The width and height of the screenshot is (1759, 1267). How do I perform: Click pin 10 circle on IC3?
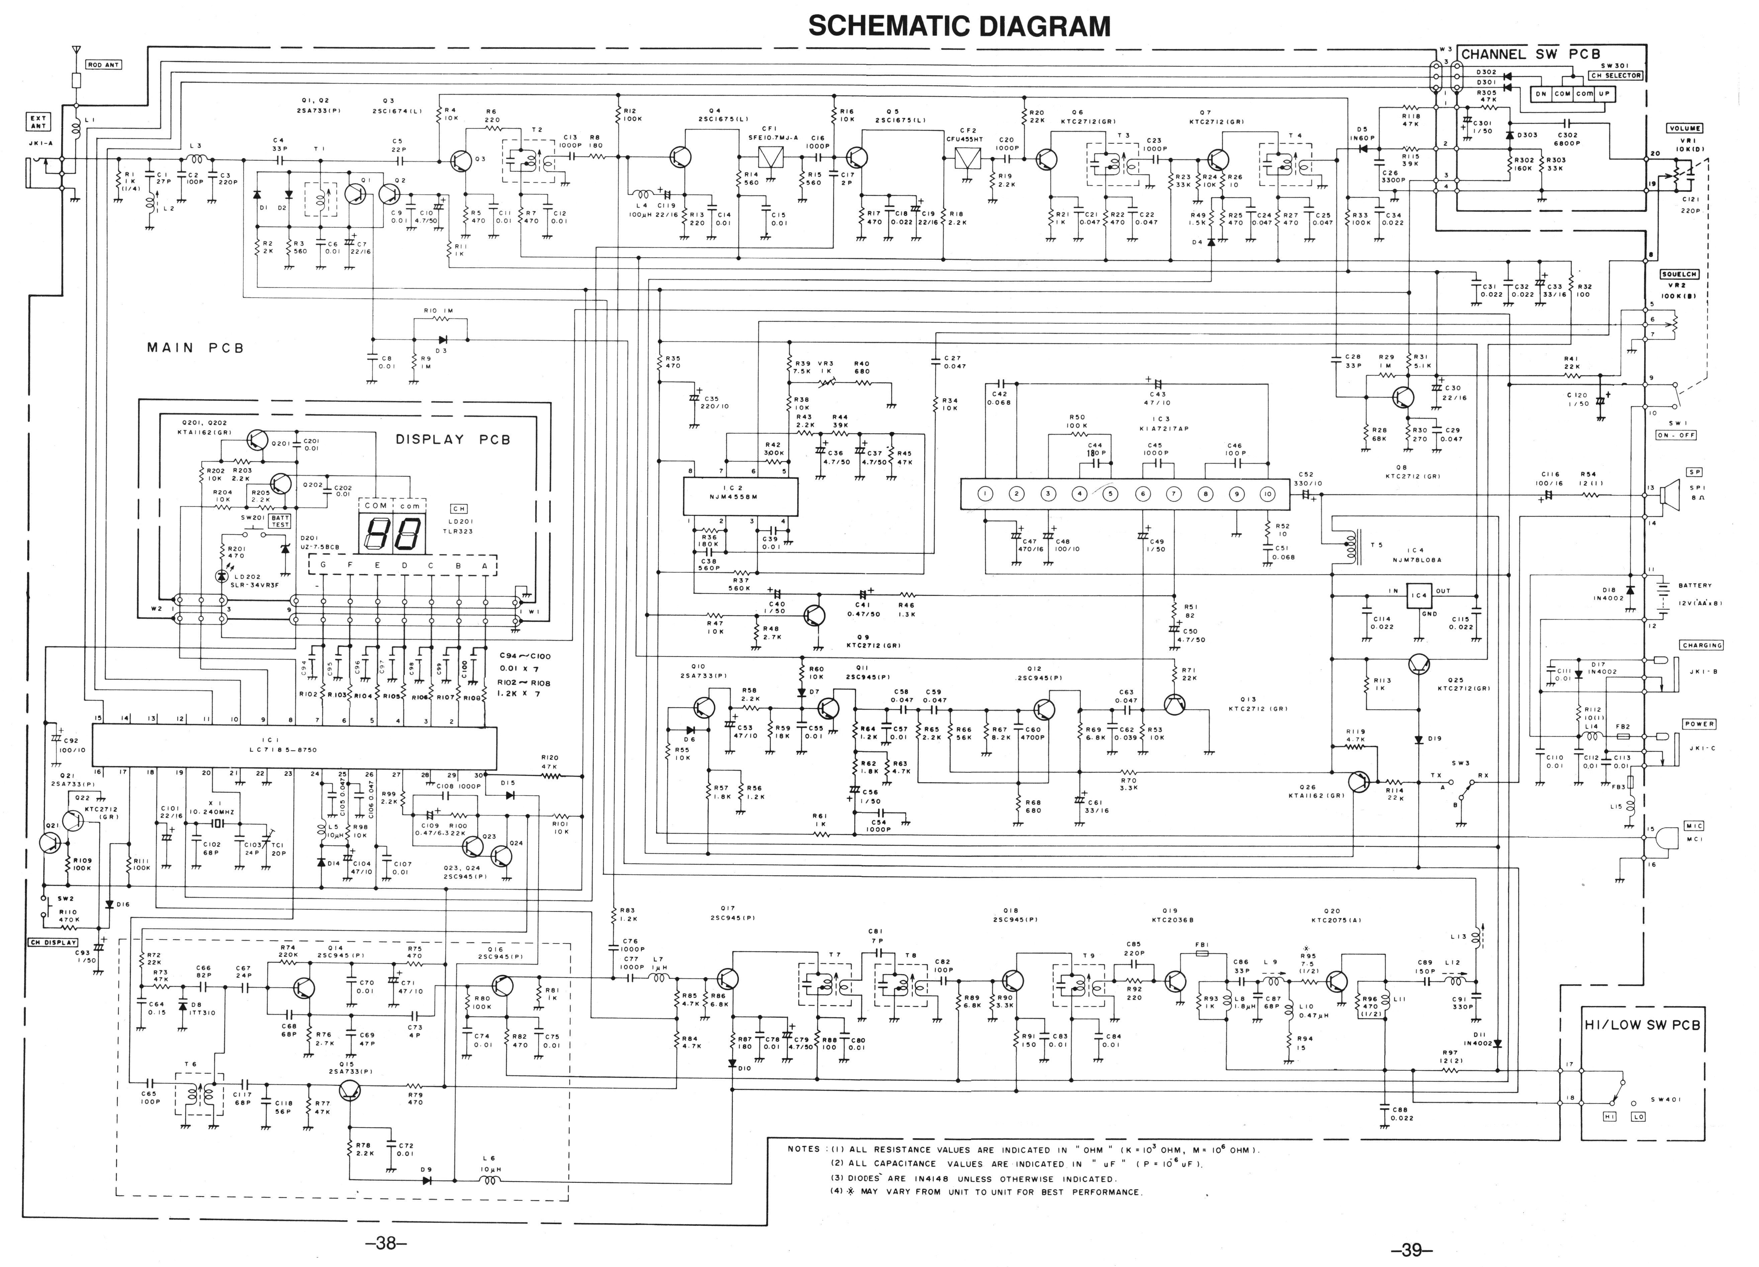1267,494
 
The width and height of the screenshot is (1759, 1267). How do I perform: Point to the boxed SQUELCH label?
1679,274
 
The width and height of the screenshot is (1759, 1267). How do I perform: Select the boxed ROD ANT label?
103,65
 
